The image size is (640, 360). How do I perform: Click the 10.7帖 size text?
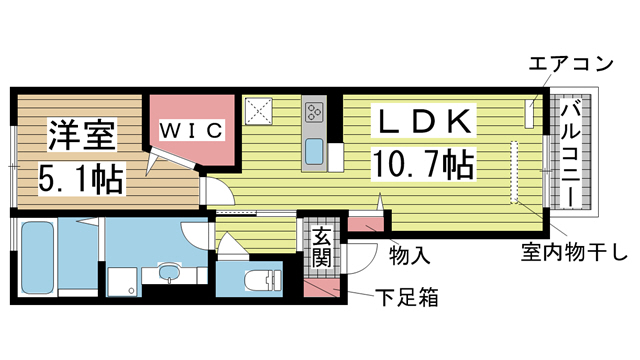(x=423, y=162)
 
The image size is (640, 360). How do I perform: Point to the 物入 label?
(x=409, y=256)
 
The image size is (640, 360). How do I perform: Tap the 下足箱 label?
(x=404, y=297)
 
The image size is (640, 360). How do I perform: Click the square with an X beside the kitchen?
(x=261, y=110)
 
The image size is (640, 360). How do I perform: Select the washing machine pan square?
(x=122, y=281)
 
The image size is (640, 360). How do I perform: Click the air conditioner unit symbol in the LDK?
(x=530, y=112)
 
